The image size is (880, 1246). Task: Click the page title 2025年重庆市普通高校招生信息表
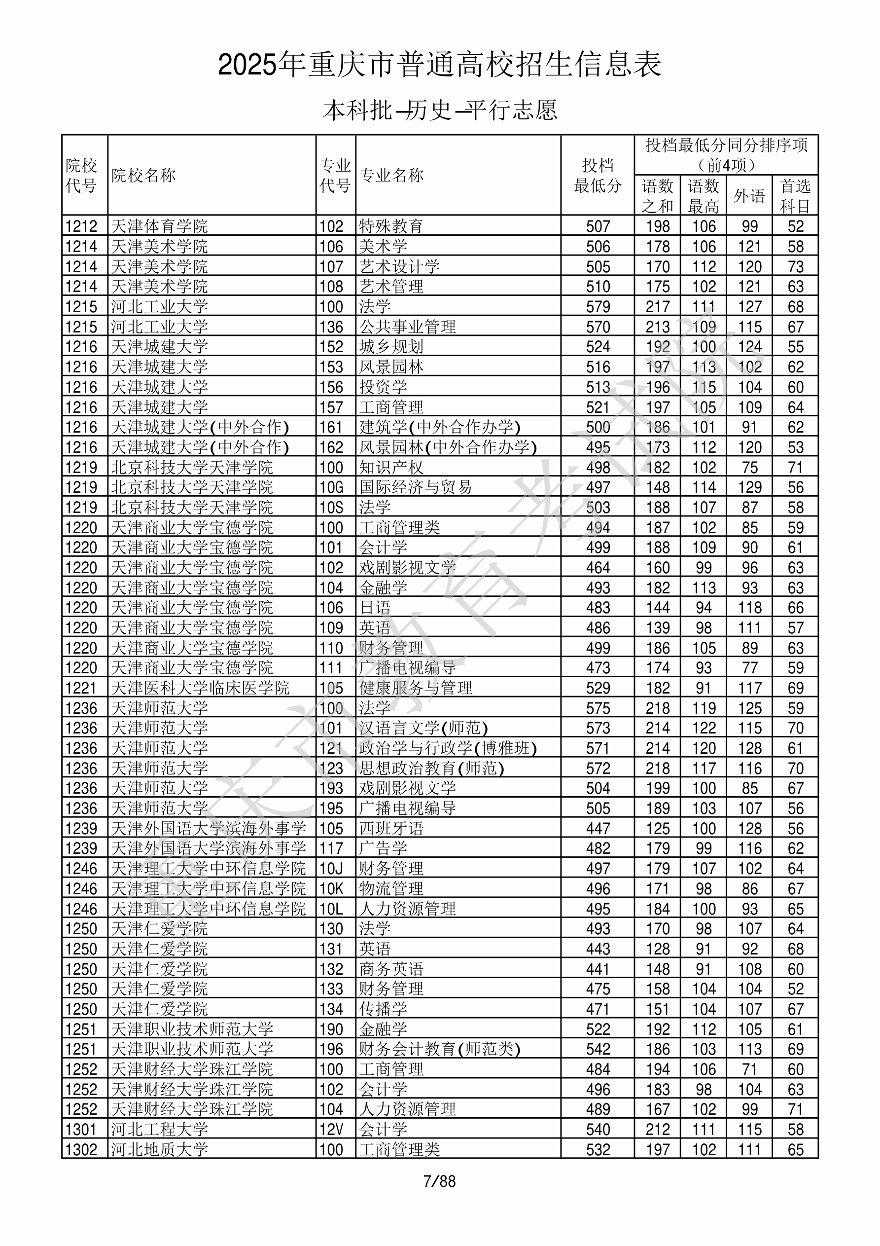click(x=439, y=65)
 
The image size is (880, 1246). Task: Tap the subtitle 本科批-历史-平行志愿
click(x=439, y=110)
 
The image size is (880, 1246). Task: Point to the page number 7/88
click(x=439, y=1181)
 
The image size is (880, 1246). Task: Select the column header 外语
click(x=749, y=195)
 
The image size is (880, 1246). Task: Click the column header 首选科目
click(x=795, y=195)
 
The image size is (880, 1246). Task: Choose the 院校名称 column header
click(x=144, y=175)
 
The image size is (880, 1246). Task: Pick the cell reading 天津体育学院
click(x=160, y=226)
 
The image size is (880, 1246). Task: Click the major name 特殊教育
click(x=390, y=226)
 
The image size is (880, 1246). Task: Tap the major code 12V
click(x=331, y=1129)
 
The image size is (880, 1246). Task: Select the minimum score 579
click(x=598, y=307)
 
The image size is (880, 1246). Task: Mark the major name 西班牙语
click(x=390, y=829)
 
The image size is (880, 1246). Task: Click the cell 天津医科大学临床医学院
click(x=200, y=688)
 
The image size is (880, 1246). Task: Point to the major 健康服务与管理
click(x=416, y=688)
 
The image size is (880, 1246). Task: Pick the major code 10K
click(x=331, y=889)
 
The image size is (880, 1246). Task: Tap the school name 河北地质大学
click(x=160, y=1149)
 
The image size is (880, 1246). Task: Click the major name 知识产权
click(x=390, y=467)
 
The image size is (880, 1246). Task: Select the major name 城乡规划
click(x=390, y=347)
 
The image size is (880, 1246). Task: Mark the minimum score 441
click(x=598, y=969)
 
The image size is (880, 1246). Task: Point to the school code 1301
click(x=81, y=1129)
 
